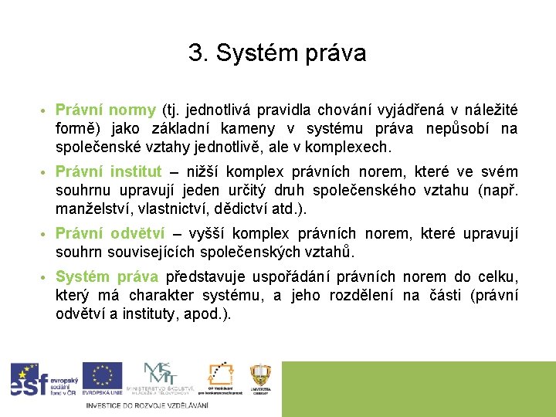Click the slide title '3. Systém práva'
click(x=277, y=53)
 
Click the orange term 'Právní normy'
click(x=105, y=110)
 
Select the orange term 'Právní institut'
click(x=108, y=171)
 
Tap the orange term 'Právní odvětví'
click(x=110, y=233)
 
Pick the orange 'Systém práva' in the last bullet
click(x=107, y=276)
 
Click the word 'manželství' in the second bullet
click(x=87, y=208)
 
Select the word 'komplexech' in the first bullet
click(x=353, y=147)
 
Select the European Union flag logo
click(x=102, y=378)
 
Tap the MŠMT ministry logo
click(x=161, y=378)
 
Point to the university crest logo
click(x=260, y=378)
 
